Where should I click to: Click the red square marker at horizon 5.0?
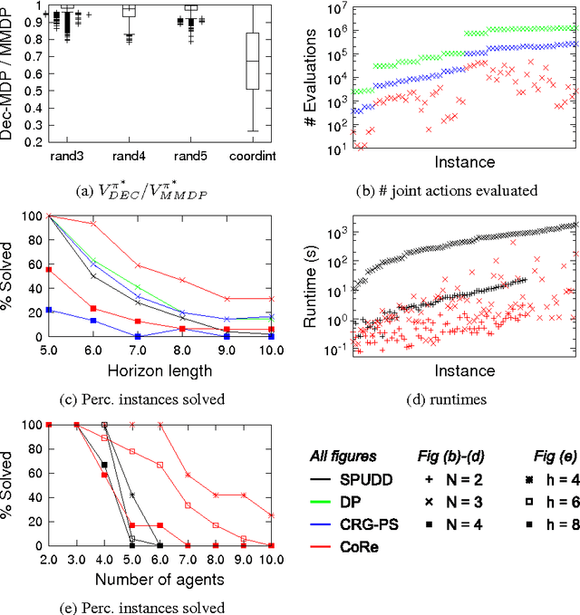[x=49, y=270]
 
